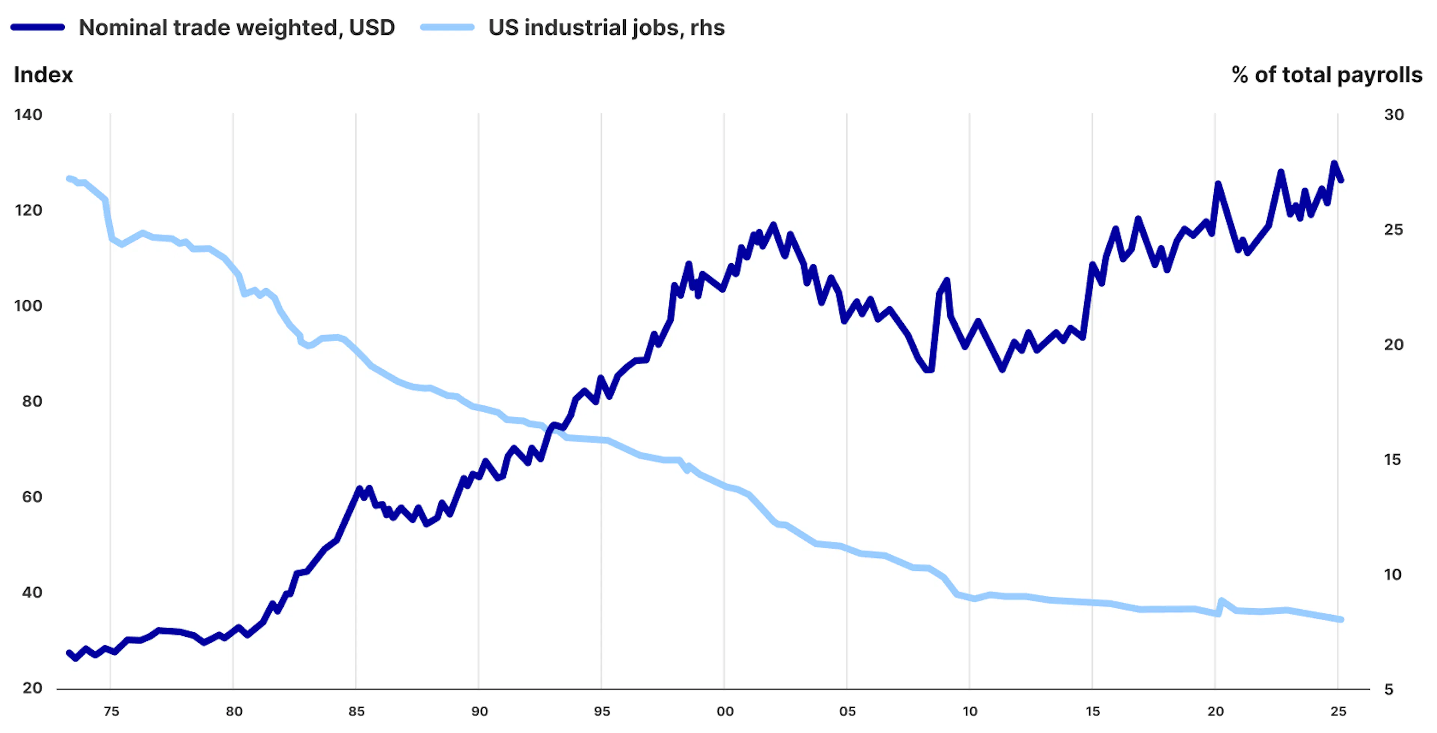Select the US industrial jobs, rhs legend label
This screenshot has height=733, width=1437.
pos(606,27)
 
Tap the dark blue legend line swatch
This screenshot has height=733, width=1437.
pos(38,27)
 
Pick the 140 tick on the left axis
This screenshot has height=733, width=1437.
pos(28,115)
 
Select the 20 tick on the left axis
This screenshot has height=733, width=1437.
pos(32,688)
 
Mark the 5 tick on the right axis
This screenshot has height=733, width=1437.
pos(1388,690)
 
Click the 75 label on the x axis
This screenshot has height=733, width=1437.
pos(111,711)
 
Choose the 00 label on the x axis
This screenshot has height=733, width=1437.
pos(724,711)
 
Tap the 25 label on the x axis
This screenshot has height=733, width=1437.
pos(1338,711)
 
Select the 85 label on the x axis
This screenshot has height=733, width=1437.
pos(357,711)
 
